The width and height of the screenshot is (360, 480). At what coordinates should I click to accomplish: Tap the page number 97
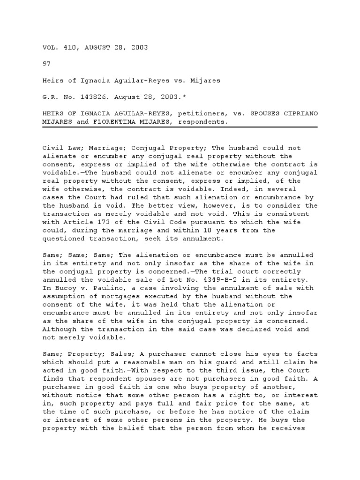pyautogui.click(x=46, y=63)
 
